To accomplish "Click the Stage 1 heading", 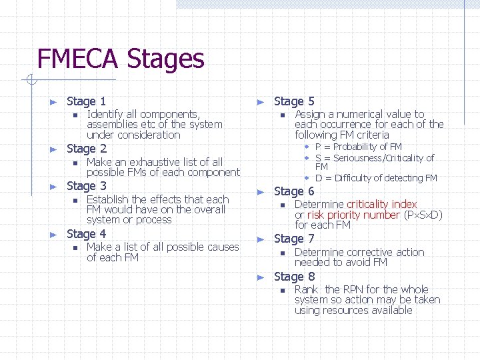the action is pos(86,101).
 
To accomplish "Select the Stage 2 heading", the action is pos(86,149).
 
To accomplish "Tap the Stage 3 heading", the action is pos(86,186).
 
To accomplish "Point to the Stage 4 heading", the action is pos(86,234).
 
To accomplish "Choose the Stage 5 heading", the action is pos(294,101).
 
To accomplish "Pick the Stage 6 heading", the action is pos(294,191).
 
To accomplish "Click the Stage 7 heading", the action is pos(294,239).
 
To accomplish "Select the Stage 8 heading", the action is pos(294,277).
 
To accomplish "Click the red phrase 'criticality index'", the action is pos(382,204).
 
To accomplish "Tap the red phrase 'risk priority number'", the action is pos(353,215).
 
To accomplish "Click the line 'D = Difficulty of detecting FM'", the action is pos(376,178).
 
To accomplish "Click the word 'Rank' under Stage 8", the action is pos(306,289).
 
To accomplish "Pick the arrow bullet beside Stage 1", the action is pos(55,102).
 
